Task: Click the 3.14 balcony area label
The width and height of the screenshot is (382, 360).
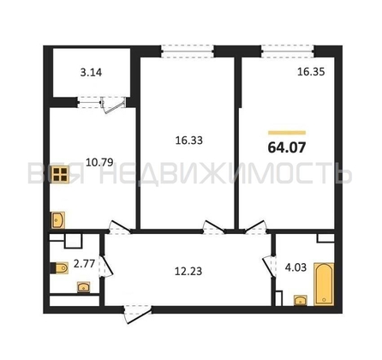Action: pyautogui.click(x=91, y=73)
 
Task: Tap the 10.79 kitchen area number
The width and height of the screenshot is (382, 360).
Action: pyautogui.click(x=99, y=162)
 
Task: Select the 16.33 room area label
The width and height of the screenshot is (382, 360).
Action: pyautogui.click(x=189, y=141)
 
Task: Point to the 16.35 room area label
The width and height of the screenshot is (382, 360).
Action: pyautogui.click(x=311, y=72)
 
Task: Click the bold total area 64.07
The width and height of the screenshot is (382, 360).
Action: pyautogui.click(x=287, y=147)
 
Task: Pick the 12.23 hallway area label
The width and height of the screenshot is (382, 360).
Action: pyautogui.click(x=188, y=271)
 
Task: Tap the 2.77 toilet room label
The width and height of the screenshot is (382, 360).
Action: pyautogui.click(x=84, y=263)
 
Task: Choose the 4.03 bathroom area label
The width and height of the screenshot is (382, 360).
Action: pyautogui.click(x=295, y=267)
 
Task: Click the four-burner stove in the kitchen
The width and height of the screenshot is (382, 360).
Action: pyautogui.click(x=60, y=175)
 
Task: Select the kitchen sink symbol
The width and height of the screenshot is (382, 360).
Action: pyautogui.click(x=58, y=220)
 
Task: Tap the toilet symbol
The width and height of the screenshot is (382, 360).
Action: pyautogui.click(x=60, y=268)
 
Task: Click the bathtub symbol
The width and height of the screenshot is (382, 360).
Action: pyautogui.click(x=324, y=284)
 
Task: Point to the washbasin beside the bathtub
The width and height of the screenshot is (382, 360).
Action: pyautogui.click(x=301, y=301)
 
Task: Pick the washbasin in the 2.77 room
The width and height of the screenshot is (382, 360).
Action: pyautogui.click(x=84, y=287)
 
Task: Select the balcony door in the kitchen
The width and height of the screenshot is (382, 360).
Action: pyautogui.click(x=114, y=105)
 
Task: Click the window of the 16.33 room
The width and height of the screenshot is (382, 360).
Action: pyautogui.click(x=188, y=51)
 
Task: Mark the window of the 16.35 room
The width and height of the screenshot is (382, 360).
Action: pyautogui.click(x=288, y=51)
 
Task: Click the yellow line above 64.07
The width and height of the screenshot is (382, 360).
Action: pyautogui.click(x=287, y=133)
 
